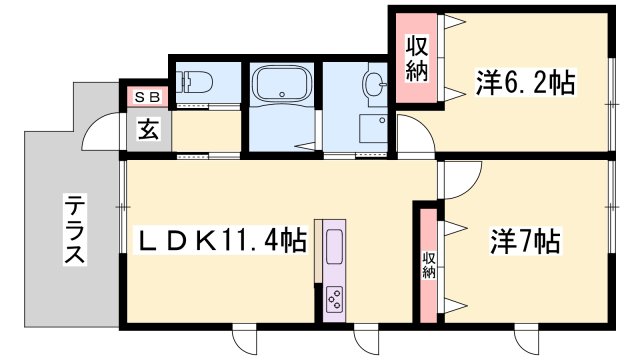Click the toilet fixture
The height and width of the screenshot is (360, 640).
[196, 82]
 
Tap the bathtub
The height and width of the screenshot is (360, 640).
[282, 84]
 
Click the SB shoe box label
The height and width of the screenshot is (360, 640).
[147, 97]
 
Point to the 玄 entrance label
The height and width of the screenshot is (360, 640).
[148, 129]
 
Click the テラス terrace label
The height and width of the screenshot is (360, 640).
[75, 229]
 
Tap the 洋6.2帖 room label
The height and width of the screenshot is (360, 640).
[525, 83]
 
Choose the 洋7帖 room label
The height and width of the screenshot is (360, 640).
[525, 241]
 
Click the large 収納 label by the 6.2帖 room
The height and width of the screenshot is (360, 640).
[416, 59]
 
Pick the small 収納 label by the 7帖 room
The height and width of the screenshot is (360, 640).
[429, 265]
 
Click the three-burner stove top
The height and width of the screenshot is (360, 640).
[334, 300]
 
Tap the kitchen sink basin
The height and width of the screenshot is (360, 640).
[334, 246]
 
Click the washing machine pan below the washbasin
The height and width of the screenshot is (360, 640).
[373, 128]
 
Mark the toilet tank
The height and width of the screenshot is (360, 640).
[183, 82]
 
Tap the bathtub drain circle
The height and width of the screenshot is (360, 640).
[282, 95]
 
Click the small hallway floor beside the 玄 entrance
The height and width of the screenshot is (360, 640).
[206, 131]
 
